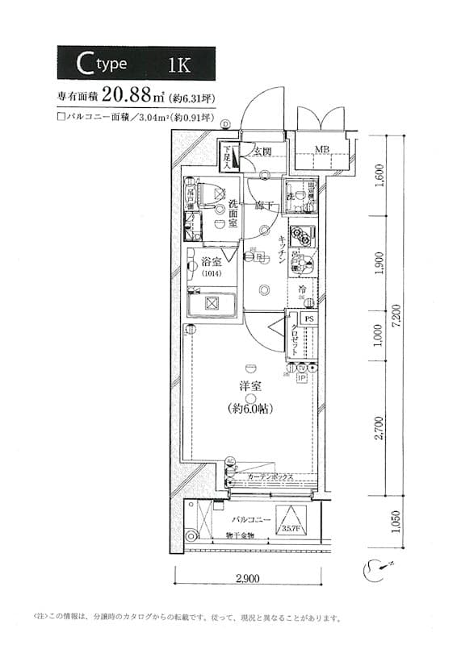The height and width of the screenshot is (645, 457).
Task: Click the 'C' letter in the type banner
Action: tap(82, 64)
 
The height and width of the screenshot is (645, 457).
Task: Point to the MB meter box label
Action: tap(321, 150)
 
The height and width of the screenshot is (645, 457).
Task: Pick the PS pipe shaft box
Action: tap(309, 318)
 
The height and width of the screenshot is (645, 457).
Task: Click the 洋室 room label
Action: tap(251, 385)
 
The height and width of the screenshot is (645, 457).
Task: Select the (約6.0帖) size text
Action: tap(251, 409)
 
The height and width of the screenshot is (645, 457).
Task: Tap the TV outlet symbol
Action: tap(301, 368)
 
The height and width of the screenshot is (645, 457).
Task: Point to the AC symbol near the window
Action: tap(230, 462)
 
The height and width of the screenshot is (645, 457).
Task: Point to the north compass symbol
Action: tap(378, 568)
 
